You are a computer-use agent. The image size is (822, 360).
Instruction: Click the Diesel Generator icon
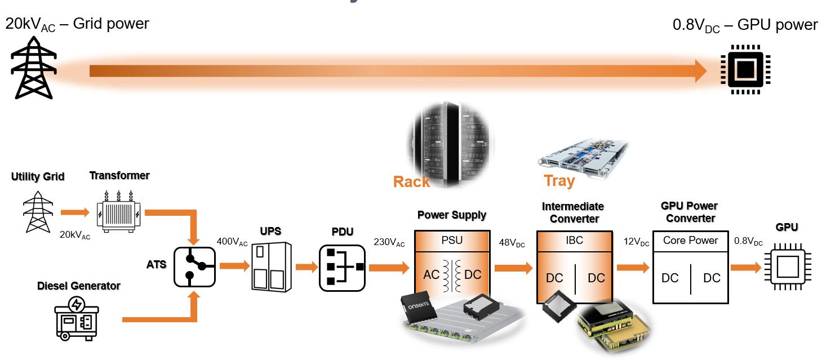(77, 319)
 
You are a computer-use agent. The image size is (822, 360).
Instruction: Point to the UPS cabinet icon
(271, 266)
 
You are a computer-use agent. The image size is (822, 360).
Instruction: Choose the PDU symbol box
(342, 268)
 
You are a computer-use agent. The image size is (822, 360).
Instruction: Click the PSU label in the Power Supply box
(452, 240)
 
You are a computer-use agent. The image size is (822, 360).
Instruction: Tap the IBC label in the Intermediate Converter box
(574, 240)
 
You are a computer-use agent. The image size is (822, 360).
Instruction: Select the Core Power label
(690, 240)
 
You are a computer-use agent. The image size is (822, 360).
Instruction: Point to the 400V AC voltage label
(232, 242)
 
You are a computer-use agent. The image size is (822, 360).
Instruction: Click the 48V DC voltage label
(512, 243)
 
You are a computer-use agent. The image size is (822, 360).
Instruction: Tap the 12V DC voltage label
(636, 243)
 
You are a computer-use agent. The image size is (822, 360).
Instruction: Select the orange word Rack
(411, 182)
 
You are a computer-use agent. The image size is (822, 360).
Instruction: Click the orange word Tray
(559, 181)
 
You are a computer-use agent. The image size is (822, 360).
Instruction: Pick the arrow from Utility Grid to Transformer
(74, 212)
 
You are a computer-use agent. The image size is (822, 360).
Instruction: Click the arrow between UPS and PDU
(306, 267)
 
